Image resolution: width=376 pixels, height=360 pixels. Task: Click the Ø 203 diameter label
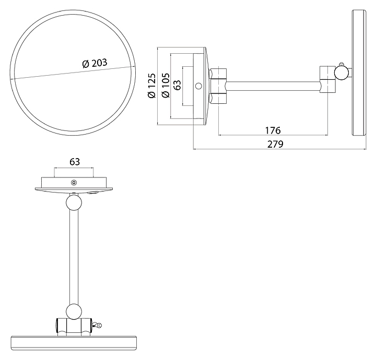(x=95, y=63)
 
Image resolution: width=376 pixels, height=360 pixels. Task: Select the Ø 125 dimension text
(x=152, y=86)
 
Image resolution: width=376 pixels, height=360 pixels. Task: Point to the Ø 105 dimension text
(x=166, y=86)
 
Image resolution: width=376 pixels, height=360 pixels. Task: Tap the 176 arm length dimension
(x=273, y=130)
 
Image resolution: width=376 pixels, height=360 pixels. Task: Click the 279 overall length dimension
(x=275, y=144)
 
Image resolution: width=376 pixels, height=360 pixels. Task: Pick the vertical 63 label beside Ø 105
(x=178, y=85)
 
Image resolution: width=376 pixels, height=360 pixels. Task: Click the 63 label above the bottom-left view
(x=74, y=162)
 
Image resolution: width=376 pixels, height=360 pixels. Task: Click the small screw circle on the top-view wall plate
(x=74, y=182)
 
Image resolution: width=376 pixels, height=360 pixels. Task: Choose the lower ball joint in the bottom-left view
(x=74, y=311)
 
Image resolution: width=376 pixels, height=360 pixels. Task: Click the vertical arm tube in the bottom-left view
(x=74, y=256)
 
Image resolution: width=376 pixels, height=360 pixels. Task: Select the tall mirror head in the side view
(x=358, y=73)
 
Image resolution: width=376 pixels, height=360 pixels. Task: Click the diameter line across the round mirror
(x=52, y=73)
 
